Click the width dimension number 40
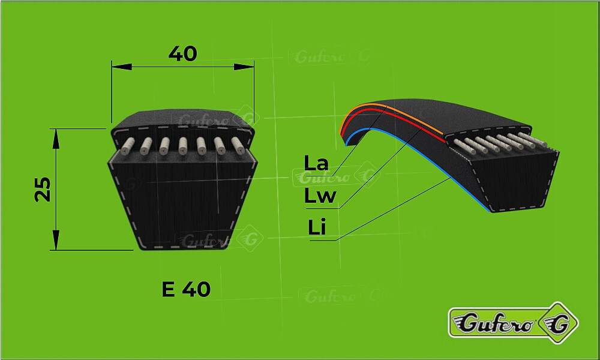coord(182,53)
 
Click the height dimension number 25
coord(43,190)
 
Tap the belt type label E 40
coord(186,289)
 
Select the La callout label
coord(316,163)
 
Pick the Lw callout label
coord(320,196)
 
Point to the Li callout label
coord(317,227)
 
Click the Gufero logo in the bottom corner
coord(513,323)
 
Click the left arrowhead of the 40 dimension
coord(122,67)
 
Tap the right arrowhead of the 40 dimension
coord(244,67)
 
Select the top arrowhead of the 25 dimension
coord(56,139)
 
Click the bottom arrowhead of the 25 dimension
coord(56,240)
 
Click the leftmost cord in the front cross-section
coord(127,146)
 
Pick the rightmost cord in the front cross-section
coord(238,146)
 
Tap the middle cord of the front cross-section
coord(183,146)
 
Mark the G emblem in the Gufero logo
coord(558,323)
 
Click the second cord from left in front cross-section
coord(146,146)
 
